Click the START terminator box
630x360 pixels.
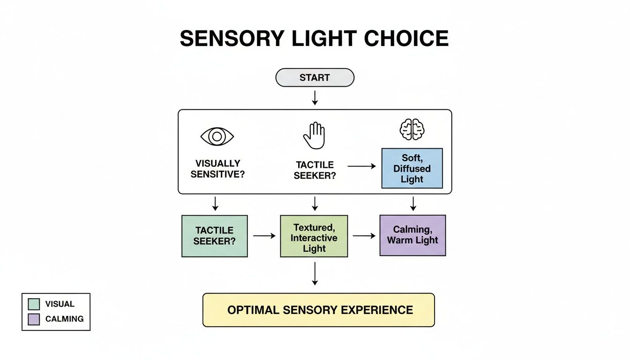coord(315,78)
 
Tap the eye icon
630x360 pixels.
coord(217,136)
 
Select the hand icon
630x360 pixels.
coord(314,135)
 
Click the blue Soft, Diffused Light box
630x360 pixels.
coord(412,168)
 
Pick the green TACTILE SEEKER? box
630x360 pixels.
coord(214,236)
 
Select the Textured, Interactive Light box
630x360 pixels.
coord(314,236)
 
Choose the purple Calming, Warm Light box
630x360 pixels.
coord(412,235)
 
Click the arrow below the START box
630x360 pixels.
coord(315,97)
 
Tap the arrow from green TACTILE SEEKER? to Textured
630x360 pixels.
coord(264,236)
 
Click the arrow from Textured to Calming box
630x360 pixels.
coord(364,236)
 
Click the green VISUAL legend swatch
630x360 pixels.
coord(34,304)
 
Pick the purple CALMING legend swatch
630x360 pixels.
coord(34,319)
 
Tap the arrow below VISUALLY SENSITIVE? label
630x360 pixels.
coord(215,203)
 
